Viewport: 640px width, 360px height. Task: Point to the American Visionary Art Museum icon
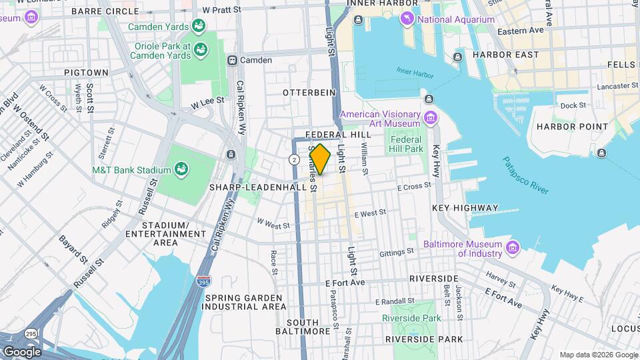[x=430, y=119]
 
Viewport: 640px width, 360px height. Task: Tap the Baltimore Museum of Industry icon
[x=512, y=248]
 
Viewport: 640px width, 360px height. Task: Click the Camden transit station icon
[x=233, y=60]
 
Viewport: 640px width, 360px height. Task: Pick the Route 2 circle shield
[x=294, y=159]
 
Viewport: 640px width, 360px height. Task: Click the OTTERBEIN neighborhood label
[x=307, y=91]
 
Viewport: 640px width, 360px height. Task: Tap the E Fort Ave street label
[x=345, y=283]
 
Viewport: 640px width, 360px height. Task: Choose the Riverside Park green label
[x=411, y=318]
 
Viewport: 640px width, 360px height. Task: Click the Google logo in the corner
[x=21, y=351]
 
